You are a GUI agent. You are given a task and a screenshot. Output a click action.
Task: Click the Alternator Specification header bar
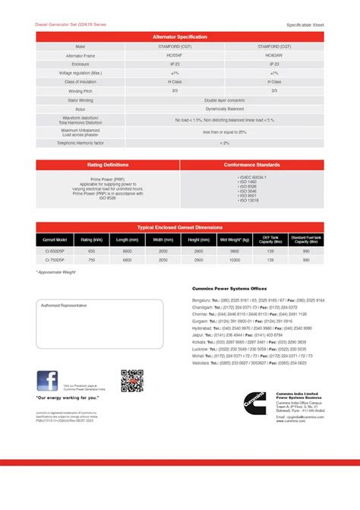click(179, 36)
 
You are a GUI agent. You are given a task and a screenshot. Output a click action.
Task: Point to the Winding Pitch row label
click(74, 90)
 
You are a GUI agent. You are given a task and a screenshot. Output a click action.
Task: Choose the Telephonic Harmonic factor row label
click(74, 143)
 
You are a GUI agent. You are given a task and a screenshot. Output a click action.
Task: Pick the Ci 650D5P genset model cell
click(55, 250)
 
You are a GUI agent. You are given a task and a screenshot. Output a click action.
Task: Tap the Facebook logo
click(47, 381)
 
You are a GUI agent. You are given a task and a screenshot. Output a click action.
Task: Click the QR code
click(132, 380)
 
